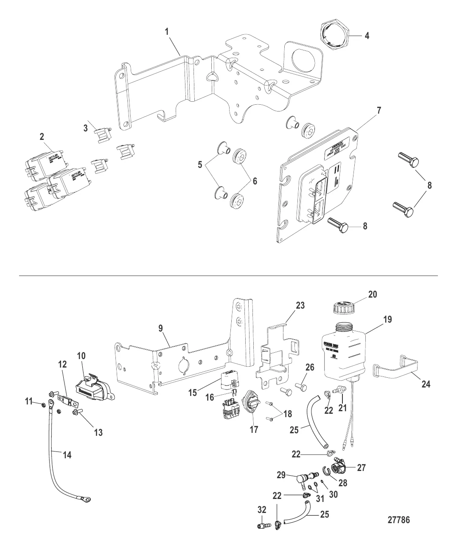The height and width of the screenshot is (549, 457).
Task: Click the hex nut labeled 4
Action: (x=334, y=36)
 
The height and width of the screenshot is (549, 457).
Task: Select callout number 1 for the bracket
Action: (x=167, y=31)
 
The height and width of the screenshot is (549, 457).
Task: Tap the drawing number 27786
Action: (x=398, y=519)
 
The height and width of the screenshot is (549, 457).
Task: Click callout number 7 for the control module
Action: (x=379, y=111)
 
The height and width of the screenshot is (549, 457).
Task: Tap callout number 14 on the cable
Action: (x=67, y=455)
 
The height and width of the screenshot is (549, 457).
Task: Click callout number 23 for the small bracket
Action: (x=300, y=305)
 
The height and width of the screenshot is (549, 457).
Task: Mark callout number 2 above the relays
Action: (x=42, y=137)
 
